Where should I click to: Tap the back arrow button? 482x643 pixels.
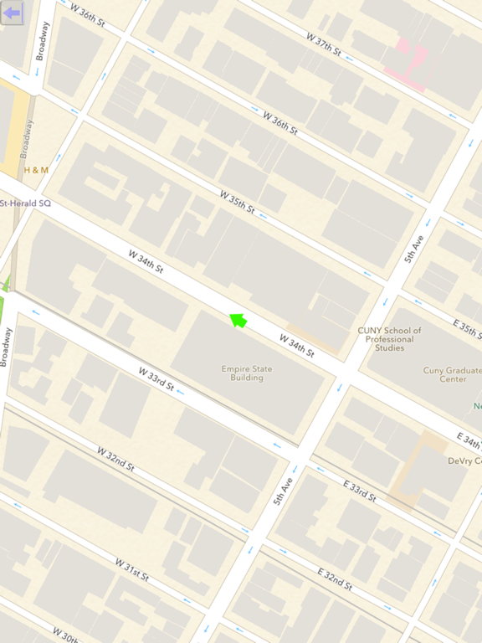click(x=12, y=13)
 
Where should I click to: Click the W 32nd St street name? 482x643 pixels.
click(x=115, y=460)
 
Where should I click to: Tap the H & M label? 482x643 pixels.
click(x=36, y=170)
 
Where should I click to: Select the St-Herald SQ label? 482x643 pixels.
click(x=25, y=203)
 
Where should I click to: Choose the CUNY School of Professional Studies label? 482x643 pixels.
click(x=390, y=339)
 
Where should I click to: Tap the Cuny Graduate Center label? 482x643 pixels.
click(x=444, y=374)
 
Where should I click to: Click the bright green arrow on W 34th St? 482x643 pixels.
click(x=238, y=320)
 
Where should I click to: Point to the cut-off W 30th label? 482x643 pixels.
click(x=68, y=635)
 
